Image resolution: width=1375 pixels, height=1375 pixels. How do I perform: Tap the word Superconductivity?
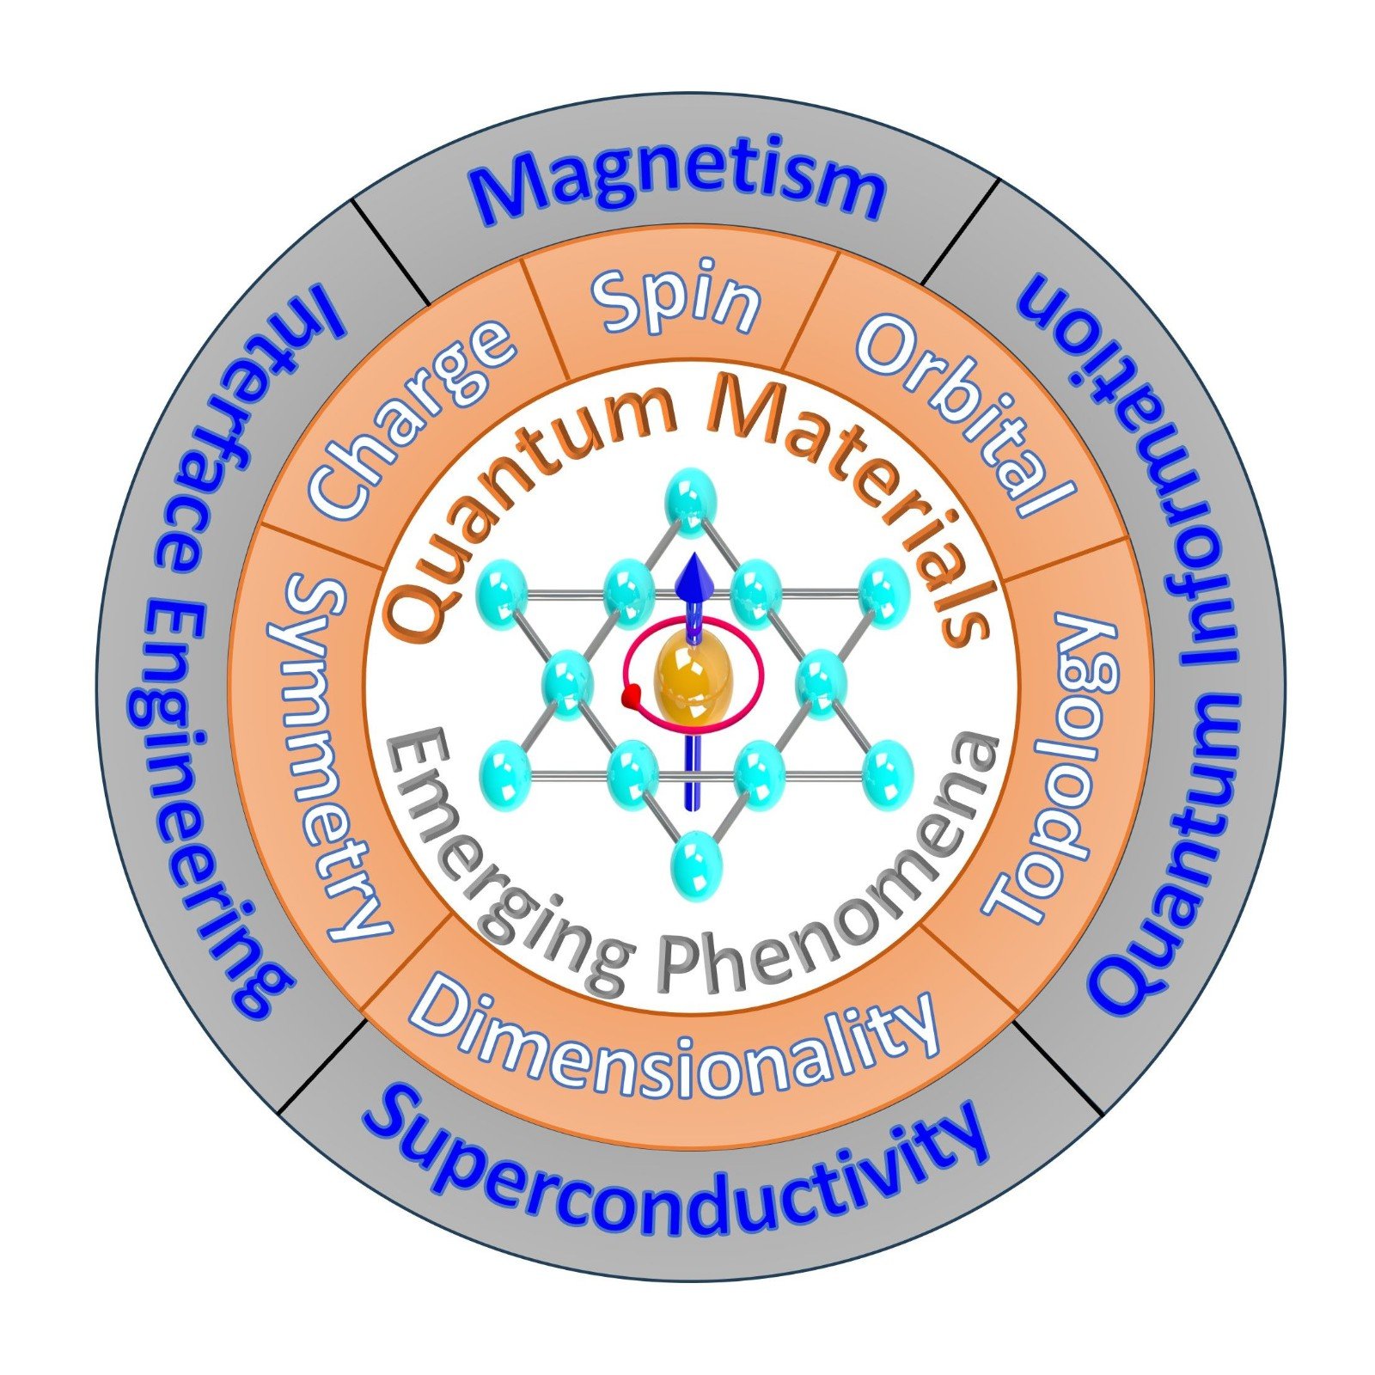[675, 1173]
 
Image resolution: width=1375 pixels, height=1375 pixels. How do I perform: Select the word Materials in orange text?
[851, 498]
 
